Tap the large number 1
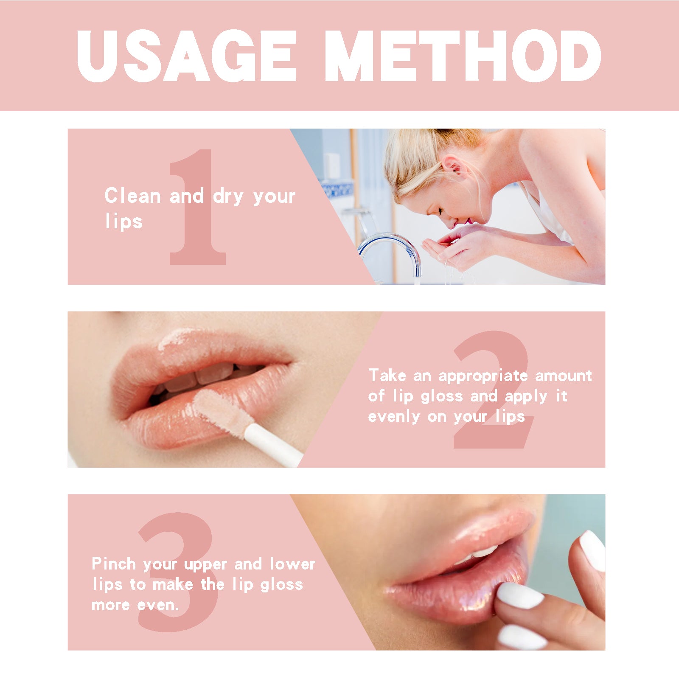pyautogui.click(x=197, y=208)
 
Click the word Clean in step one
pyautogui.click(x=132, y=196)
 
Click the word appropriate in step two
pyautogui.click(x=483, y=376)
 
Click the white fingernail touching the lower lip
pyautogui.click(x=520, y=595)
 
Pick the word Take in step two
pyautogui.click(x=387, y=376)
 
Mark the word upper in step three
pyautogui.click(x=205, y=565)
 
